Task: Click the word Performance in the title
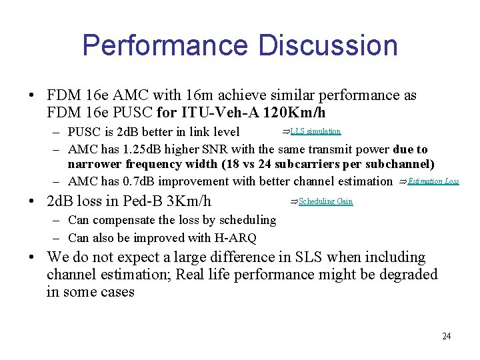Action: point(165,45)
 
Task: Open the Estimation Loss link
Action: point(433,181)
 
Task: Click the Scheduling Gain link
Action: point(325,201)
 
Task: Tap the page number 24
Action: point(447,336)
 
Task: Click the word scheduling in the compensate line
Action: point(246,219)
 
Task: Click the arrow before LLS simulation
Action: point(286,131)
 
